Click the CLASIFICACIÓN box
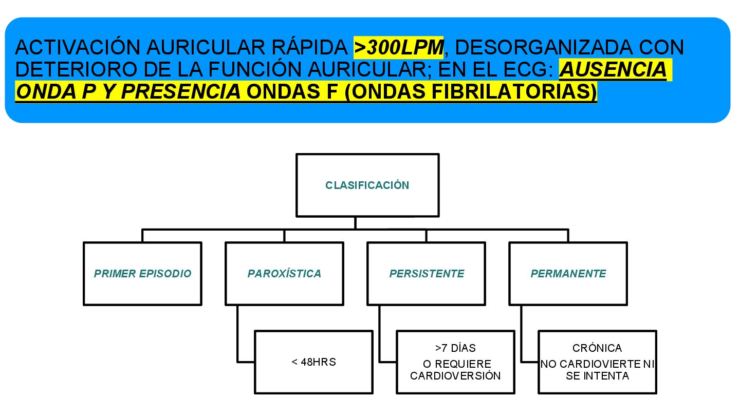tap(367, 185)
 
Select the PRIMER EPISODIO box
tap(142, 274)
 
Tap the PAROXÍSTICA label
tap(284, 274)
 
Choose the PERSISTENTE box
tap(427, 274)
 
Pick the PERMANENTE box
tap(568, 274)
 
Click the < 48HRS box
tap(313, 362)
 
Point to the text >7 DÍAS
tap(455, 349)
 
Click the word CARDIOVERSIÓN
tap(455, 375)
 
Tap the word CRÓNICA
tap(597, 349)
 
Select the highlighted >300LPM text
tap(399, 47)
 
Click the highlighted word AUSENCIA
tap(613, 69)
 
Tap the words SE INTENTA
tap(597, 376)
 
